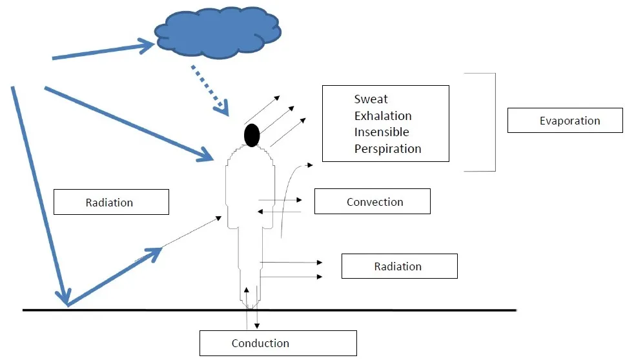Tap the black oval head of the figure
pos(252,134)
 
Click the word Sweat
pos(371,99)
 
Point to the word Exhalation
pos(383,116)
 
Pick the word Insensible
pos(382,132)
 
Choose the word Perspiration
pos(387,149)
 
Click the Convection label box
pos(372,201)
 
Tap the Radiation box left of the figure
pos(110,202)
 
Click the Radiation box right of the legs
pos(399,266)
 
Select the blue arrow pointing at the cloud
pos(103,51)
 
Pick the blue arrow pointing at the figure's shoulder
pos(129,123)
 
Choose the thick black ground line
pos(387,310)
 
